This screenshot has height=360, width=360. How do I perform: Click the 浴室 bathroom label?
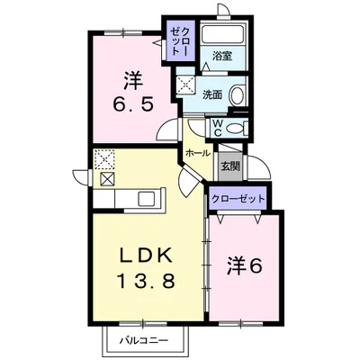click(x=222, y=56)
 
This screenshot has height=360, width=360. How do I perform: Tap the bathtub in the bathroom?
click(x=224, y=34)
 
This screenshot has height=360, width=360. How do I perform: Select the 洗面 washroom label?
click(x=212, y=94)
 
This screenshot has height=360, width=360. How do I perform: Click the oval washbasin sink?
click(x=237, y=94)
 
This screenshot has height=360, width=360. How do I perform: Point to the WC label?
click(x=218, y=128)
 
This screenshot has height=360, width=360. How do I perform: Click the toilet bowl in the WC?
click(x=235, y=129)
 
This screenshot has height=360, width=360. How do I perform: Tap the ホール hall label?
click(x=198, y=153)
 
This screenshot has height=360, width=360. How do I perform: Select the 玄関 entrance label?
click(x=230, y=166)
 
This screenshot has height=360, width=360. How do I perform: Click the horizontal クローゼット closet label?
click(x=238, y=198)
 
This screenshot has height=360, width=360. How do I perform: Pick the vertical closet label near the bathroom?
click(x=180, y=40)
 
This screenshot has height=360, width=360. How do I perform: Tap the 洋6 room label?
click(x=245, y=265)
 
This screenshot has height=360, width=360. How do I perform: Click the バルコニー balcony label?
click(x=144, y=340)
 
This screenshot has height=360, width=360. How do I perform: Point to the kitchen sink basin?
click(x=147, y=198)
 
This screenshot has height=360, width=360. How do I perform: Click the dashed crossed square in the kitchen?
click(x=104, y=159)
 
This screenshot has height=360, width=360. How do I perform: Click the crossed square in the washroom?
click(x=184, y=85)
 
